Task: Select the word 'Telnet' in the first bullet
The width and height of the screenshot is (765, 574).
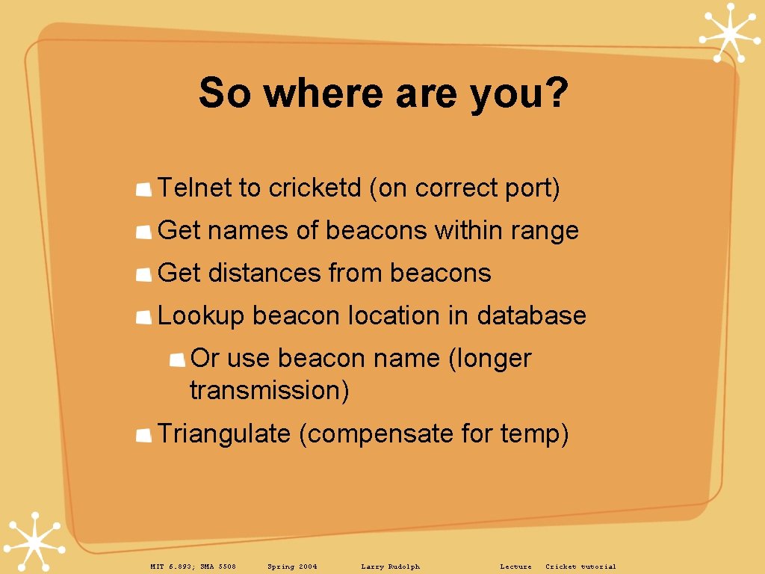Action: click(195, 188)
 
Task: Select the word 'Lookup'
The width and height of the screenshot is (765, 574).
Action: click(201, 315)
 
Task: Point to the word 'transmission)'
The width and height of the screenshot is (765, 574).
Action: click(270, 390)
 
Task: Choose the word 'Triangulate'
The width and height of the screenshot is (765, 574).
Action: click(223, 433)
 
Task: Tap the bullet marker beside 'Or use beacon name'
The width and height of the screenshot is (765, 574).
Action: click(177, 360)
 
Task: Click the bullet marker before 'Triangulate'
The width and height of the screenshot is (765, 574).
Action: click(144, 436)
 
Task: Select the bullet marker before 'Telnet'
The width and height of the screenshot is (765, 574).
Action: click(144, 190)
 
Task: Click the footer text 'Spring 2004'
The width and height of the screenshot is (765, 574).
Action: click(292, 567)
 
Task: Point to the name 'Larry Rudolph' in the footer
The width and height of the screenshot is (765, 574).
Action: click(390, 567)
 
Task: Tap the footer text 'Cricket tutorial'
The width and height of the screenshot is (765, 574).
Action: click(580, 567)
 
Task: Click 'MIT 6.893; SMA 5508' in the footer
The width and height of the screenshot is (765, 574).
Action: click(193, 567)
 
